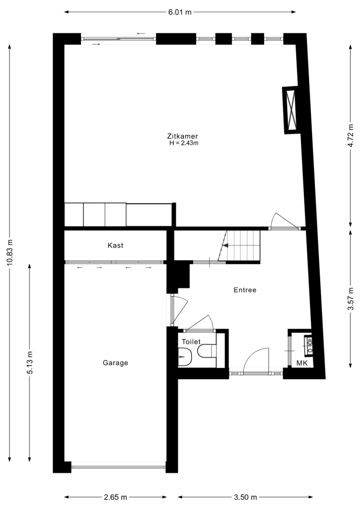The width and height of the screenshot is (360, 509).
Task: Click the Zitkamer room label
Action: [183, 136]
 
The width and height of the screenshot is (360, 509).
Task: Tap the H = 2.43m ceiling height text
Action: [184, 143]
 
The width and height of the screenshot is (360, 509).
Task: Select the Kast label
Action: [115, 245]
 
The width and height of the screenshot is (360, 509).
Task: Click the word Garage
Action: [115, 363]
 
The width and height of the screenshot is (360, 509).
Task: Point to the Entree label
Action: [245, 290]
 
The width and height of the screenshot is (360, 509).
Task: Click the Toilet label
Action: [191, 342]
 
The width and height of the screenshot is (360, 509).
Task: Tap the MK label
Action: [302, 363]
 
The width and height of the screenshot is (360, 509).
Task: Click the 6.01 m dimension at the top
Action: [180, 12]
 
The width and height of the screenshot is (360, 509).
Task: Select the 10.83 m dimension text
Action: [10, 253]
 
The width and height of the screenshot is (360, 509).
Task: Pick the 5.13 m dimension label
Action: [30, 363]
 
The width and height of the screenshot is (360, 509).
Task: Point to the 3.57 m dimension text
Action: [351, 299]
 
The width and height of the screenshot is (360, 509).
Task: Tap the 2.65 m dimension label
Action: [115, 497]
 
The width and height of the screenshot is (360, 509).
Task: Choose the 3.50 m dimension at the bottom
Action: [245, 497]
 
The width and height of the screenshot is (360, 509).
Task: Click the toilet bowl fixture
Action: [204, 351]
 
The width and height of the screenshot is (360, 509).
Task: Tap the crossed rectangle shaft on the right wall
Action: [291, 110]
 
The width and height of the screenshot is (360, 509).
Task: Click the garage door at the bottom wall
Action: [118, 467]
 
